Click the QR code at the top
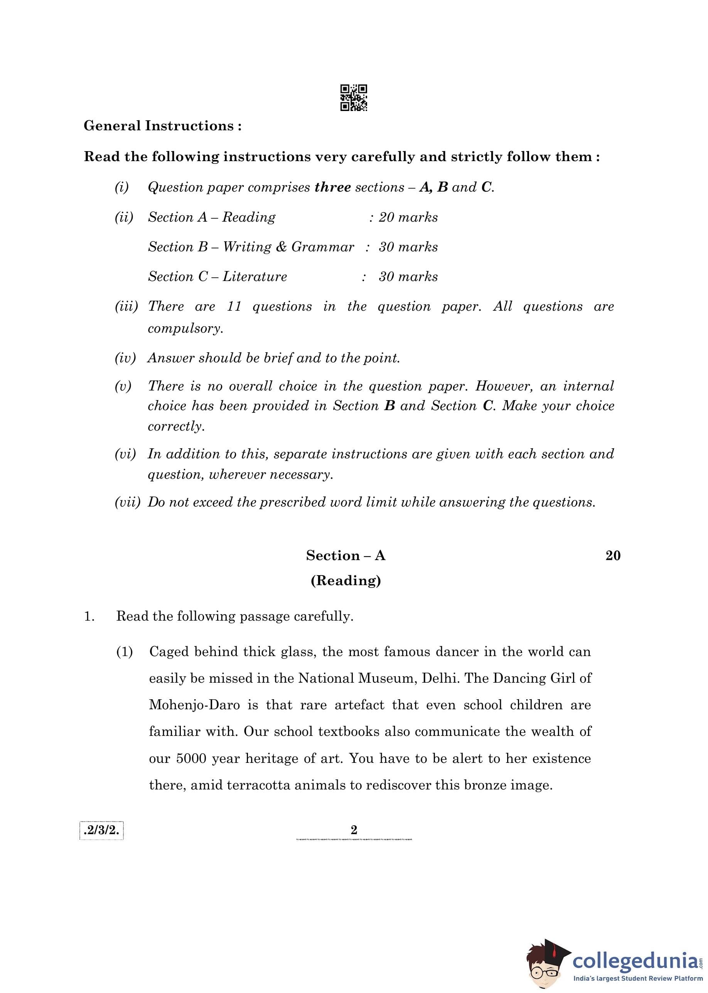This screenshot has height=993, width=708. (354, 98)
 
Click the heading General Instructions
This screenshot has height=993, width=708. (162, 126)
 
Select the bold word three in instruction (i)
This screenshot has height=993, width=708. (333, 187)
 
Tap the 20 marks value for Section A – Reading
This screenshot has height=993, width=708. (408, 217)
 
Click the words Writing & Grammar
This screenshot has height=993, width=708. (288, 247)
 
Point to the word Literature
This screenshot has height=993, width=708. (255, 277)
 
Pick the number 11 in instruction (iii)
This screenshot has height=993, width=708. (234, 306)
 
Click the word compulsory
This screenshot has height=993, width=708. (185, 328)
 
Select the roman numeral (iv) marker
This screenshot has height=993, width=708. (125, 358)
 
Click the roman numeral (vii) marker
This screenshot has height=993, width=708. (127, 502)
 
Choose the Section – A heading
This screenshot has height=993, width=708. (345, 555)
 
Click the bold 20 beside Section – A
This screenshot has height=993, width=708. (612, 555)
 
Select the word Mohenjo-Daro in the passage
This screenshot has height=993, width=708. (194, 705)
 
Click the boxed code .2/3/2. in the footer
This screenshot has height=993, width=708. (101, 830)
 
